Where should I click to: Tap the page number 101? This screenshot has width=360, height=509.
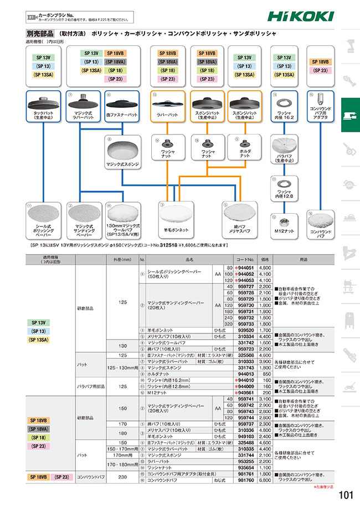344,494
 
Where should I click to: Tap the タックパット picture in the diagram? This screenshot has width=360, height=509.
43,103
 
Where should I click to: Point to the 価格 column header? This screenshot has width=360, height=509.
265,258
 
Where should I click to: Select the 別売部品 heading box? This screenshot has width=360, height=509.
39,34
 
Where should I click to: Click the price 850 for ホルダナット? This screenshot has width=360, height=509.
265,374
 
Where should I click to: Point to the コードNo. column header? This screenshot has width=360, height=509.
244,258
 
